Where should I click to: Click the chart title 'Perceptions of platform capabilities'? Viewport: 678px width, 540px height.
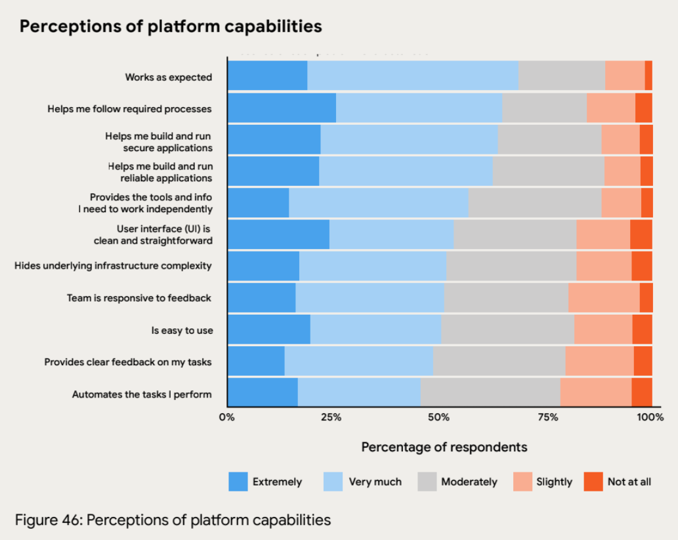tap(171, 26)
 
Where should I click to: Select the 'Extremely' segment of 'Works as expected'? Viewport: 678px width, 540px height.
tap(267, 75)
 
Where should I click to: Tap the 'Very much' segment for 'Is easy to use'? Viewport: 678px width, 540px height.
tap(375, 330)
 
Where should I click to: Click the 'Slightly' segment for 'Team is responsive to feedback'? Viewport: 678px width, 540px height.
tap(604, 298)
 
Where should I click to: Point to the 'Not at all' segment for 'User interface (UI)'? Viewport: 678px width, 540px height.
tap(641, 234)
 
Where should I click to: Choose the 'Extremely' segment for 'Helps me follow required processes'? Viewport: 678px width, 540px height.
tap(282, 108)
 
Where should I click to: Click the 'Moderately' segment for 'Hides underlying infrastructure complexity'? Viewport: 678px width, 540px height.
tap(511, 266)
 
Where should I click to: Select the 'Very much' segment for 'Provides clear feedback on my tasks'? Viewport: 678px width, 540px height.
tap(358, 361)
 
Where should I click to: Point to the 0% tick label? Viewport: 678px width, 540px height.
tap(226, 417)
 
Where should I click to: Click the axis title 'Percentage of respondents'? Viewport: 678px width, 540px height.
tap(444, 447)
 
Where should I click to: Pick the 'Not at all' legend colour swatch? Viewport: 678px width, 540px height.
tap(593, 482)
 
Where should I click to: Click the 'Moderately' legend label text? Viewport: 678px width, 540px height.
tap(469, 482)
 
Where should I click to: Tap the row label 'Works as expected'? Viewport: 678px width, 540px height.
tap(169, 78)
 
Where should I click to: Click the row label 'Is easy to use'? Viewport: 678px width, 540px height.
tap(182, 330)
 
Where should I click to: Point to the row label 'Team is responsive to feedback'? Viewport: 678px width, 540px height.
tap(139, 298)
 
